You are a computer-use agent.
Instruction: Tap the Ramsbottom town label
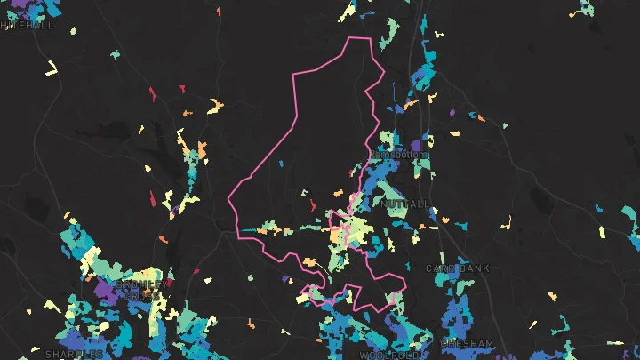click(397, 155)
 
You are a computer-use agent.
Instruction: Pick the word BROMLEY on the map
click(138, 284)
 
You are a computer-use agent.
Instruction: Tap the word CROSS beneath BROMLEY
click(142, 295)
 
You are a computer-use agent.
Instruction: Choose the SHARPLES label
click(74, 354)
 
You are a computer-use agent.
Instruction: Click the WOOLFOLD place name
click(388, 355)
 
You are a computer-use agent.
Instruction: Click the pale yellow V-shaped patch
click(52, 69)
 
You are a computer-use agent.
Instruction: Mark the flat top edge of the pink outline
click(358, 38)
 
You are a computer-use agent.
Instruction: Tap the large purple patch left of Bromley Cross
click(106, 291)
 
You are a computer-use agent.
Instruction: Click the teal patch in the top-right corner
click(584, 8)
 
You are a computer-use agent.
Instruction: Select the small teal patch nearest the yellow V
click(115, 54)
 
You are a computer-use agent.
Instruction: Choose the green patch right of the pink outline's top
click(388, 34)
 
